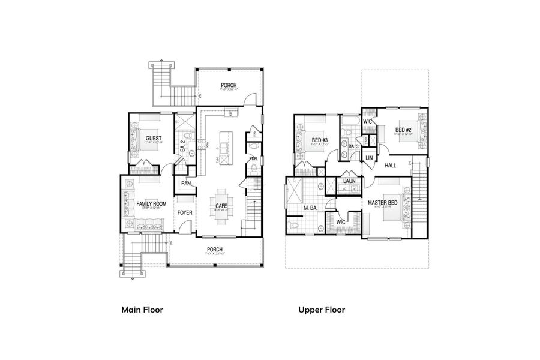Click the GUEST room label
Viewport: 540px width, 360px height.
click(154, 139)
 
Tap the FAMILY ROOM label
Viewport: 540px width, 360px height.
click(151, 204)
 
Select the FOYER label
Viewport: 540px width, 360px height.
click(185, 212)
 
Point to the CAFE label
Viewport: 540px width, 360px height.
click(221, 206)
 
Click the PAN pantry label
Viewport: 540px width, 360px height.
click(186, 183)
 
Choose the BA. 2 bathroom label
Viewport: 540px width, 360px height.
click(182, 145)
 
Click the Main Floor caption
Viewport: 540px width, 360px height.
click(142, 310)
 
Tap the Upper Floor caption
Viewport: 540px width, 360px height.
click(322, 310)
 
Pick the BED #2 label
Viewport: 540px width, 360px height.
click(403, 130)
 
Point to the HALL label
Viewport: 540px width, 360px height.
click(391, 165)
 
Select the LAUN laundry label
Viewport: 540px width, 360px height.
click(349, 180)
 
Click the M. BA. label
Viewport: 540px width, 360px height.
click(310, 208)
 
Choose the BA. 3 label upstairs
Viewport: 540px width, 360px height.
click(353, 146)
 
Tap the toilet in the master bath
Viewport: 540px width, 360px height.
click(295, 226)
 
